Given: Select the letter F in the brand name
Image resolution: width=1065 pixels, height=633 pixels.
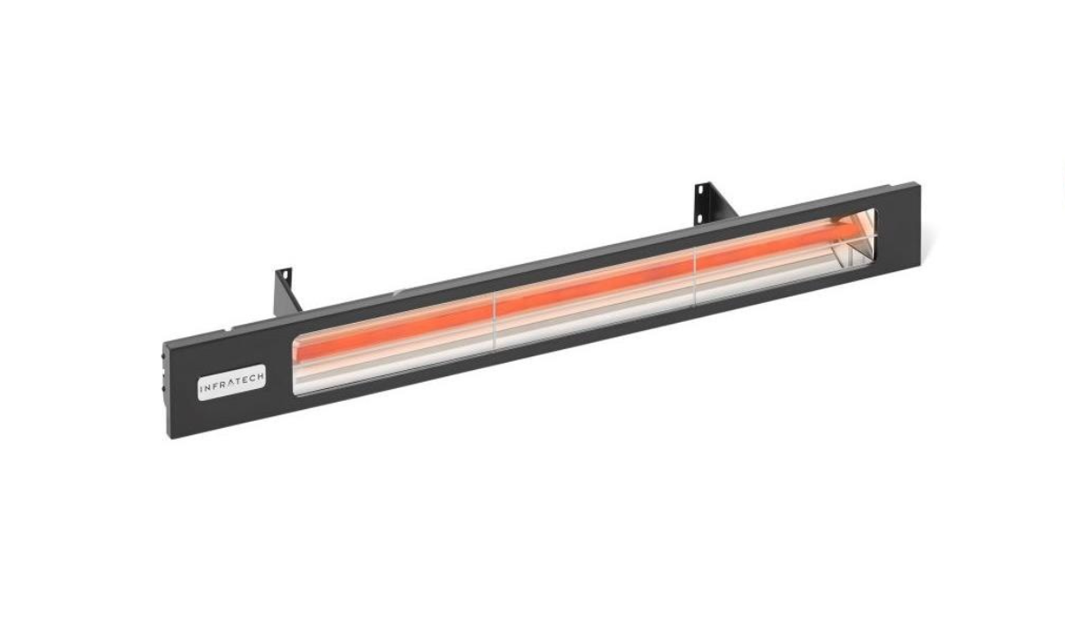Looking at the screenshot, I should click(215, 387).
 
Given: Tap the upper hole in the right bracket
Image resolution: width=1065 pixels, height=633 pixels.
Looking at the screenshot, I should click(700, 190).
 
